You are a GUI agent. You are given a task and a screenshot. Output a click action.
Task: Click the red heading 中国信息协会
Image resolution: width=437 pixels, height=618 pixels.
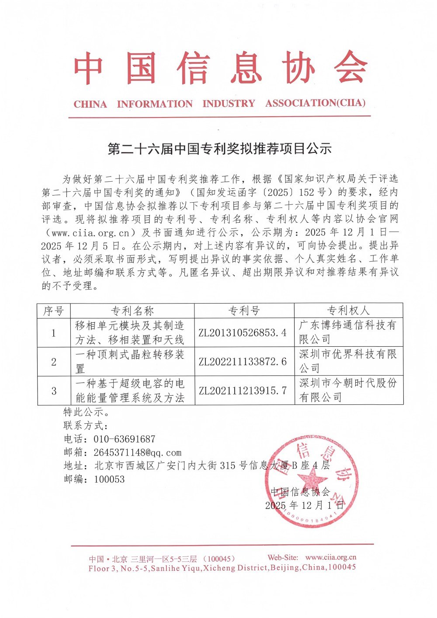coord(220,69)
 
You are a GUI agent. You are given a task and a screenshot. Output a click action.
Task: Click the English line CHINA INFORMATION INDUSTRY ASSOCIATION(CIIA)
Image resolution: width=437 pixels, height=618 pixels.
coord(219,104)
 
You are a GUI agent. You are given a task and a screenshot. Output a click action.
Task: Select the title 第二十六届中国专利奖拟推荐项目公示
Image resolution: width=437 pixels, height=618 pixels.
coord(219,149)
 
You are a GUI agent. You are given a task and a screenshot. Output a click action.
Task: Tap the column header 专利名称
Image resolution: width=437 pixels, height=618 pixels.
coord(132,311)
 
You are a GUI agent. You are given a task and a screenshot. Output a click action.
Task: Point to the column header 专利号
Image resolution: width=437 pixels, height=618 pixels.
coord(244,311)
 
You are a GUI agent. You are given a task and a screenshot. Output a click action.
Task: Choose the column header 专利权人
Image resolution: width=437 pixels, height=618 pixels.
coord(348,311)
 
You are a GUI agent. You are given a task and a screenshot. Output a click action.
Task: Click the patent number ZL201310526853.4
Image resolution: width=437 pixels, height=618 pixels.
coord(243,333)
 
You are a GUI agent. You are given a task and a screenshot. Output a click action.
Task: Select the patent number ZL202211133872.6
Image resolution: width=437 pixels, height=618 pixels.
coord(243,362)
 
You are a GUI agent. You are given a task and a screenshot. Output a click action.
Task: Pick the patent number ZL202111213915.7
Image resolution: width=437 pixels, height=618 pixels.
coord(243,390)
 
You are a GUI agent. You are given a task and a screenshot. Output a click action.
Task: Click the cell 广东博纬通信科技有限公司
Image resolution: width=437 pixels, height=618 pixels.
coord(348,332)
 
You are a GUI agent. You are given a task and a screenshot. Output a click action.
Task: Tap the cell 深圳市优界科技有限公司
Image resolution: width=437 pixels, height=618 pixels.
coord(348,361)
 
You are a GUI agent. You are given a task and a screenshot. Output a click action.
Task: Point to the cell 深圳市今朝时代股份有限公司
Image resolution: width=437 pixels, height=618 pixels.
coord(348,390)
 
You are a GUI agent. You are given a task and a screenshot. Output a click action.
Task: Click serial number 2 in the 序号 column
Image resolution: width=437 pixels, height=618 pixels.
coord(54,362)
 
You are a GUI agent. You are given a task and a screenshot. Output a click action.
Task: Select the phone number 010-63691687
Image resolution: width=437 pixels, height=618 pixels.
coord(125,439)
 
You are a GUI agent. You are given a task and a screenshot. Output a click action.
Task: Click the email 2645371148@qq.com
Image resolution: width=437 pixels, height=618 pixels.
coord(137,452)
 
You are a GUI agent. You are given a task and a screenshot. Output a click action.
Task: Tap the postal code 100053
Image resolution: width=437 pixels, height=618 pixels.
coord(109,479)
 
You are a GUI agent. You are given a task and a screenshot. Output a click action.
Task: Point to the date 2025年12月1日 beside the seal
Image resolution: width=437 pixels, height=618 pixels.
coord(304,505)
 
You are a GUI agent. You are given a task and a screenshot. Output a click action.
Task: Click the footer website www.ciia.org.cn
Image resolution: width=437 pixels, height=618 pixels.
coord(331,557)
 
